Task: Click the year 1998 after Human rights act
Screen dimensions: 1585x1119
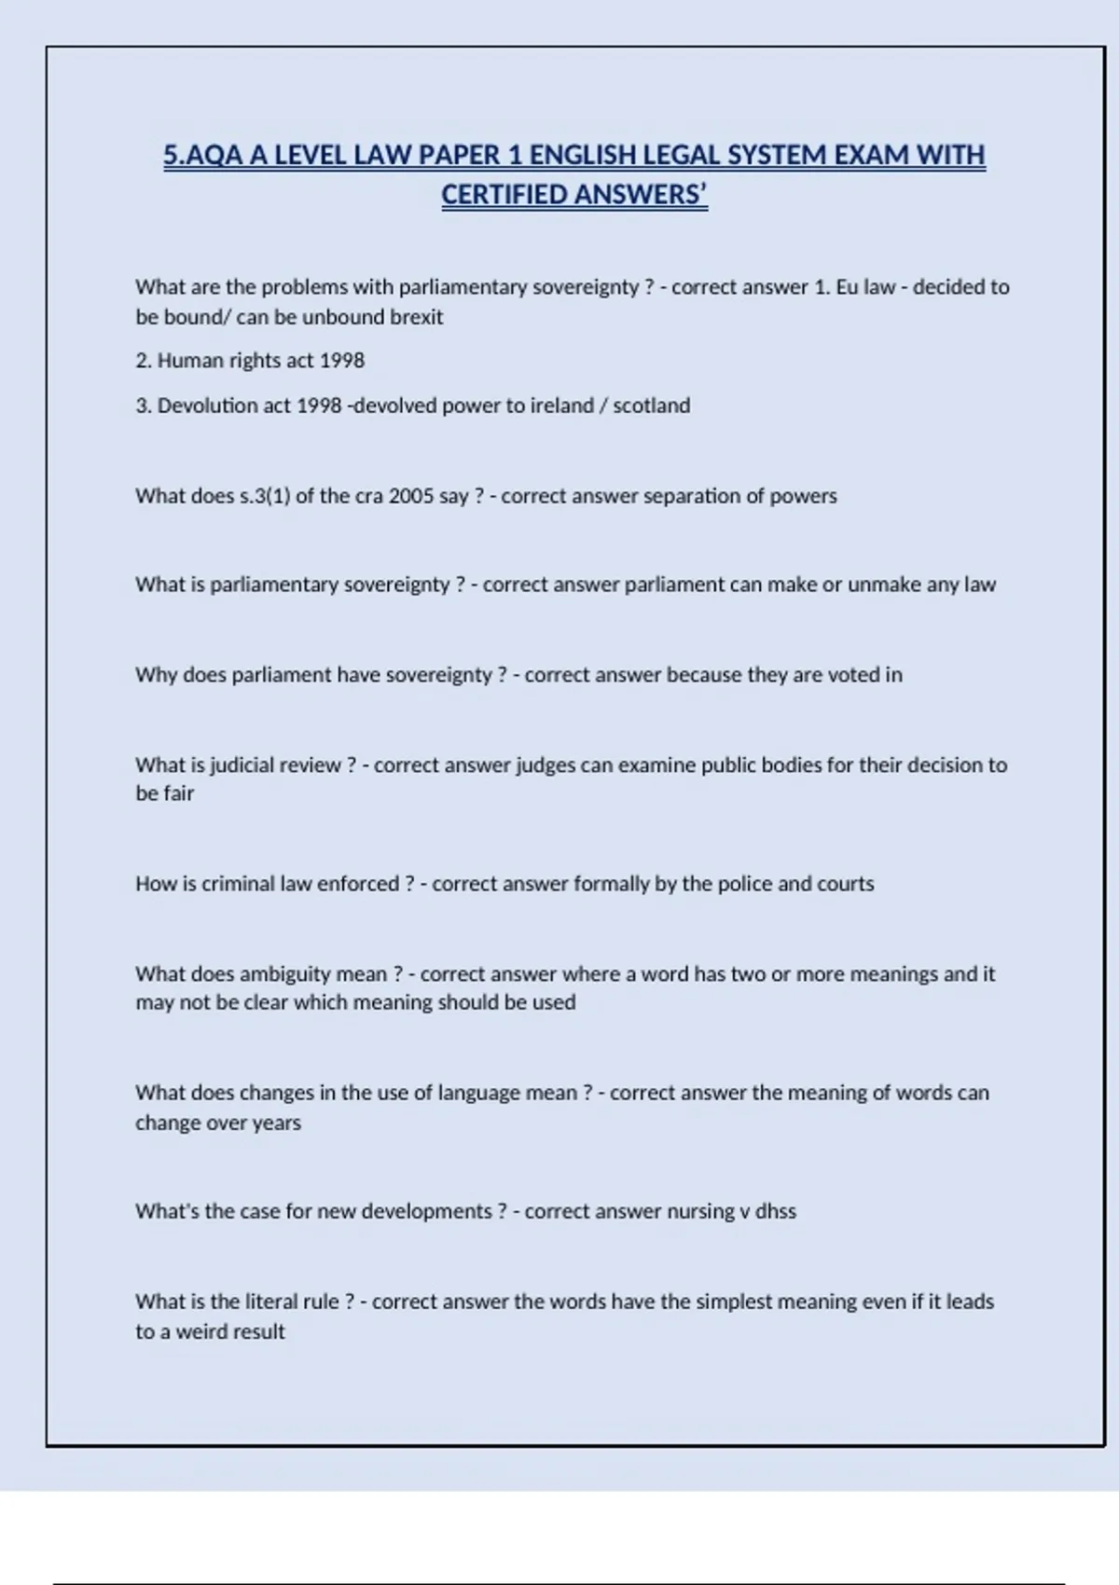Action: pos(342,361)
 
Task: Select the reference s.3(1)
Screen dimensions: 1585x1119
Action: pos(265,496)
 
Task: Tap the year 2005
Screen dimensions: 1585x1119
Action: pos(410,496)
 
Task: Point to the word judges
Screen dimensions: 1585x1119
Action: pos(546,765)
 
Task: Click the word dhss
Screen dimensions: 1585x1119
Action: pos(775,1212)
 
